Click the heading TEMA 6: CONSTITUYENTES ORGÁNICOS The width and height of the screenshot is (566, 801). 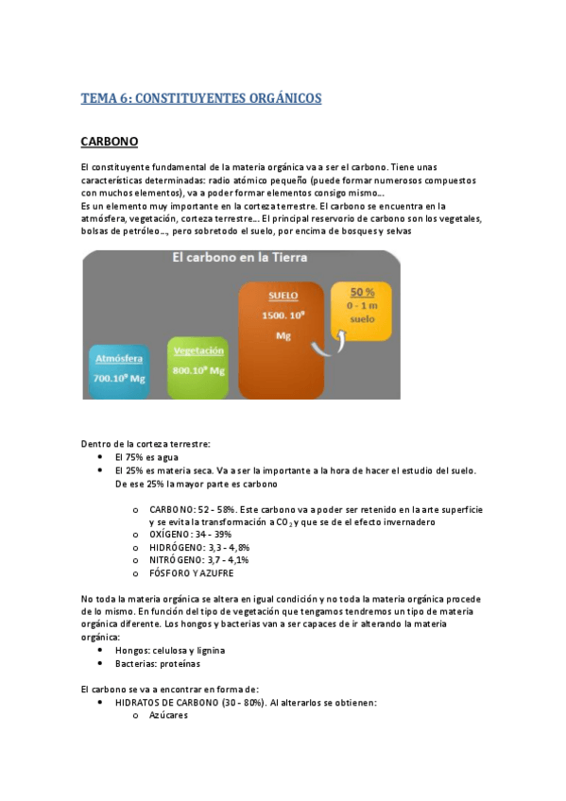pos(201,98)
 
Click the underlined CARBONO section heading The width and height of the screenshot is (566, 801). pos(110,142)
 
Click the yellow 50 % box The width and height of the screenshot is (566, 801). pos(362,310)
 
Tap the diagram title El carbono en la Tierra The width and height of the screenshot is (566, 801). pos(238,257)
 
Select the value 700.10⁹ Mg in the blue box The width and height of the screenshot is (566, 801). pos(118,378)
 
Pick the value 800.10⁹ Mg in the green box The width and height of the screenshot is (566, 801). pos(198,370)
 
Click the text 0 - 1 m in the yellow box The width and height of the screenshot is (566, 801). pos(363,305)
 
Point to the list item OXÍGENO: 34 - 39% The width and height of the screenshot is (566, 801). pos(191,534)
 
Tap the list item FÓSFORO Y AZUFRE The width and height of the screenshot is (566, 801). pos(192,572)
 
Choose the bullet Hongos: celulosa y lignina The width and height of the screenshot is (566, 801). pos(170,650)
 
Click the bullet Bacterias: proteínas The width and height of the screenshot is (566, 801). pos(158,663)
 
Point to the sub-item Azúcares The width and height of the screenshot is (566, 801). pos(169,715)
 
